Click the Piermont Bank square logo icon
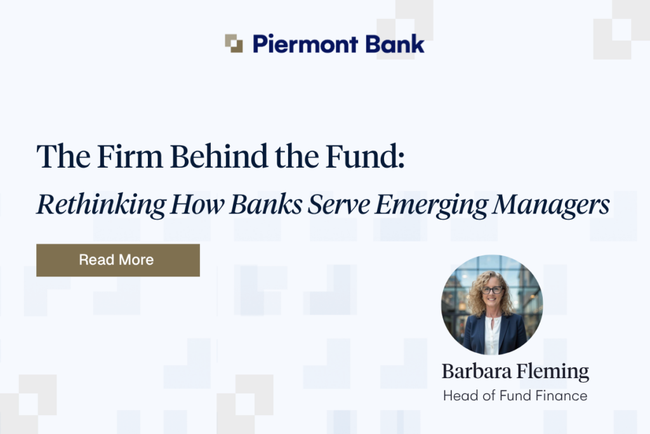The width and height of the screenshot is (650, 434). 234,44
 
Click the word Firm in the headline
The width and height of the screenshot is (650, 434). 129,156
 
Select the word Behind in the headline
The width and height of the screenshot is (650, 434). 219,156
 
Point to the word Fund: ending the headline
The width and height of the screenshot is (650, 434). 365,156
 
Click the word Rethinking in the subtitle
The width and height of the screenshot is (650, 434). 101,205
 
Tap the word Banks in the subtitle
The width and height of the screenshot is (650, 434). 266,204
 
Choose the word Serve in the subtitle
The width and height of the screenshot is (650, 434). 339,204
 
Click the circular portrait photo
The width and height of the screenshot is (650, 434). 492,305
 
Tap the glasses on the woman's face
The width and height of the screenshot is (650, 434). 492,290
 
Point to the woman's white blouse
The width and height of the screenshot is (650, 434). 493,335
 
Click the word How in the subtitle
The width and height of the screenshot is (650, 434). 197,204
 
